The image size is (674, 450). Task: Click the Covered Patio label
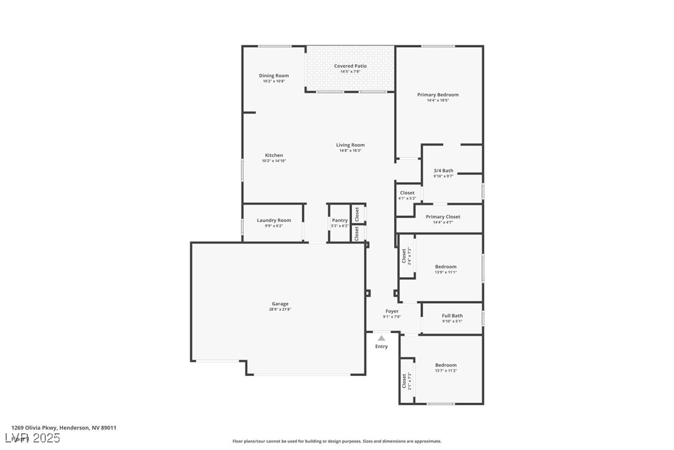pos(350,66)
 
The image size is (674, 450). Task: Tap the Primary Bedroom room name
pos(438,94)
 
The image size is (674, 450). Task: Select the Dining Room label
pos(274,76)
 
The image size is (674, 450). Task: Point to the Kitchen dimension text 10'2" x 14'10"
pos(274,161)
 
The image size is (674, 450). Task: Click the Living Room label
pos(350,145)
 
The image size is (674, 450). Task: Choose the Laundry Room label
pos(274,220)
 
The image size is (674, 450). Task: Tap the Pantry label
pos(339,220)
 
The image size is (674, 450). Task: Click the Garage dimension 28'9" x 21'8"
pos(279,310)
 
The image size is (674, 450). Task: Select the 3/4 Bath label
pos(443,170)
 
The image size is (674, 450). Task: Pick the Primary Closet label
pos(443,217)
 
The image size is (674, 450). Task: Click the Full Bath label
pos(452,316)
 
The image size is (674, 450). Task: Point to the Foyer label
pos(392,311)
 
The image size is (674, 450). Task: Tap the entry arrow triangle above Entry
pos(381,339)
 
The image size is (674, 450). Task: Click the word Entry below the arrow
pos(381,346)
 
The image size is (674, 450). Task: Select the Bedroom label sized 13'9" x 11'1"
pos(446,267)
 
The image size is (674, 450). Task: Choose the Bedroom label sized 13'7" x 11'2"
pos(446,365)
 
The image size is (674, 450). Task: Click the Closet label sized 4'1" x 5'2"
pos(407,193)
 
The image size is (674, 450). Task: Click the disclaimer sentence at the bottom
pos(337,441)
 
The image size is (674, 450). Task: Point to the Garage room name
pos(279,304)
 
